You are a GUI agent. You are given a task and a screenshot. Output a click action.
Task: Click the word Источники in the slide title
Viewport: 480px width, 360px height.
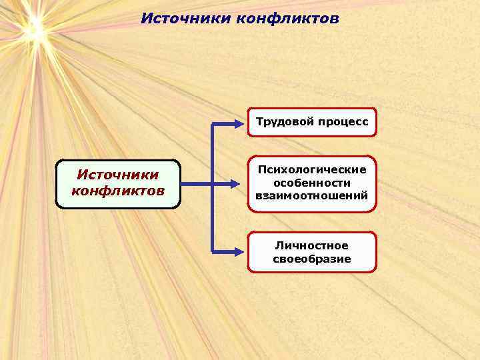186,18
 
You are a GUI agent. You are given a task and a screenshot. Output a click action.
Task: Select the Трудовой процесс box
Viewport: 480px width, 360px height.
312,122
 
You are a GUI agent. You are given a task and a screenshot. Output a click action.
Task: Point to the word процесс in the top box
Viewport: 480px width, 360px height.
343,122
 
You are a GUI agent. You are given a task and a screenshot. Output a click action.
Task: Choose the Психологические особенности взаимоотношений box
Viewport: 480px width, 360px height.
312,183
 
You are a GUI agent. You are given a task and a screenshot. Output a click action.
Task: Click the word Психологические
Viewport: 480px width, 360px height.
312,171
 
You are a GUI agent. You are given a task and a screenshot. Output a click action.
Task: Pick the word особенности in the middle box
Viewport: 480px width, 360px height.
312,183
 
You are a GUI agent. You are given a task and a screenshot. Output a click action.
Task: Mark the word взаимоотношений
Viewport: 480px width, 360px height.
312,196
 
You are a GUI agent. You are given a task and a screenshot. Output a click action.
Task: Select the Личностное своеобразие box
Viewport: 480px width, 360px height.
312,252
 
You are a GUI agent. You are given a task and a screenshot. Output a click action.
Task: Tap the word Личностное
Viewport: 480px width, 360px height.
312,246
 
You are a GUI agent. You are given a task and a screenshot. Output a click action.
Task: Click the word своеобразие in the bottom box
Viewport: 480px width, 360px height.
312,259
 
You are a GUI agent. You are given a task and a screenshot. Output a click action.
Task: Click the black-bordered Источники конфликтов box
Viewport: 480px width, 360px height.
118,184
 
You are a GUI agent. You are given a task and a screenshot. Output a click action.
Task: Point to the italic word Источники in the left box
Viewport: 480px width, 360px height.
118,175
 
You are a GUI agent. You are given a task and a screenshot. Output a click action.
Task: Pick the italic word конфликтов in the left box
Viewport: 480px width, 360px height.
118,191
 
